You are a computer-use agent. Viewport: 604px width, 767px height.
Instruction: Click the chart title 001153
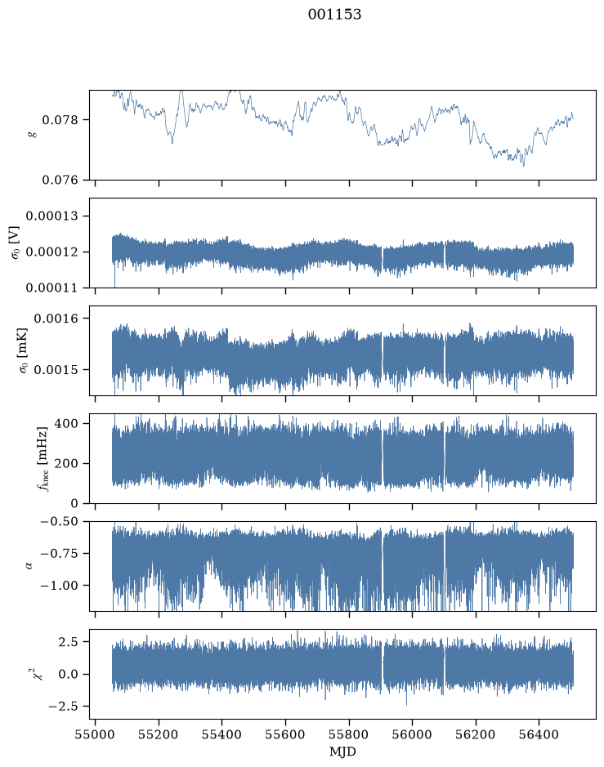(334, 15)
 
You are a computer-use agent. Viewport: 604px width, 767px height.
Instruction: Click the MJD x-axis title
(342, 751)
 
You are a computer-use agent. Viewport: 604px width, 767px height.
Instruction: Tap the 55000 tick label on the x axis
(95, 734)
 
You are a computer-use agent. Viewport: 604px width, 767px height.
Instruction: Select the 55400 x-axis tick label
(221, 734)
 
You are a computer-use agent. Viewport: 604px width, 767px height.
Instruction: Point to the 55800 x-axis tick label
(349, 734)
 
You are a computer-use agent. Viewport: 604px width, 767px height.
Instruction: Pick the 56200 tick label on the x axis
(475, 734)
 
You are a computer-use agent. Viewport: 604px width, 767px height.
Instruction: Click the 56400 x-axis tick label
(539, 734)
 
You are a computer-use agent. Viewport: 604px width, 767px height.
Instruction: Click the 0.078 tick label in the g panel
(60, 120)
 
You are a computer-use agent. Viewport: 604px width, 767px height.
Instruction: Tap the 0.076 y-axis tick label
(60, 180)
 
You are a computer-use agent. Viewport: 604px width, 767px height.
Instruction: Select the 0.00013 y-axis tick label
(51, 216)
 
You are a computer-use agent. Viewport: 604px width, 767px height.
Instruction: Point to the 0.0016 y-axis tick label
(56, 319)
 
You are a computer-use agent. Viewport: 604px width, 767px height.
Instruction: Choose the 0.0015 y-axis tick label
(56, 370)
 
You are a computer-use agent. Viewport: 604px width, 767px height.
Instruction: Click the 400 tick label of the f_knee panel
(66, 423)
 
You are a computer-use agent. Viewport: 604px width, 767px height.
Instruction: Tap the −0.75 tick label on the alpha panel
(59, 553)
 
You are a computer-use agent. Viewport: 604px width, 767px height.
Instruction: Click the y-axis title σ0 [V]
(15, 243)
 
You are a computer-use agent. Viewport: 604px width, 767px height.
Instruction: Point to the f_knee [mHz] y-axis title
(43, 458)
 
